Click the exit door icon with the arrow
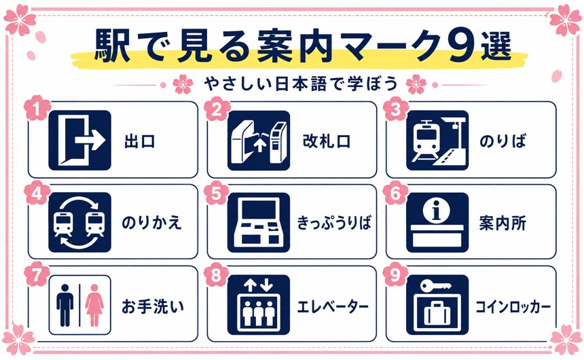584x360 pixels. pyautogui.click(x=79, y=140)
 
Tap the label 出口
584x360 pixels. pyautogui.click(x=140, y=142)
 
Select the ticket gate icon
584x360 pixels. pyautogui.click(x=259, y=140)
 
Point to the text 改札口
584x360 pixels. pyautogui.click(x=327, y=141)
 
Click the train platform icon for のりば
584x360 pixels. pyautogui.click(x=437, y=140)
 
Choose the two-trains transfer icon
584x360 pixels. pyautogui.click(x=79, y=223)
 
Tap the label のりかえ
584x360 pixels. pyautogui.click(x=151, y=223)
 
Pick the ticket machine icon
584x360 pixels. pyautogui.click(x=259, y=223)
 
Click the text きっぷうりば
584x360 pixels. pyautogui.click(x=334, y=223)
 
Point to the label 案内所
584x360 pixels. pyautogui.click(x=503, y=223)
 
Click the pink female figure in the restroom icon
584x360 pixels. pyautogui.click(x=94, y=305)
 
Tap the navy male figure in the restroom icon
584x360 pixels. pyautogui.click(x=65, y=305)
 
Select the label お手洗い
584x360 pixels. pyautogui.click(x=153, y=306)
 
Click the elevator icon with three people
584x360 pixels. pyautogui.click(x=259, y=305)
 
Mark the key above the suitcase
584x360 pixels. pyautogui.click(x=436, y=286)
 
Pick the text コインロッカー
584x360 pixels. pyautogui.click(x=513, y=307)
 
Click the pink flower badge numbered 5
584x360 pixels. pyautogui.click(x=217, y=193)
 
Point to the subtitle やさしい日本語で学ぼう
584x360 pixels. pyautogui.click(x=301, y=84)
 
